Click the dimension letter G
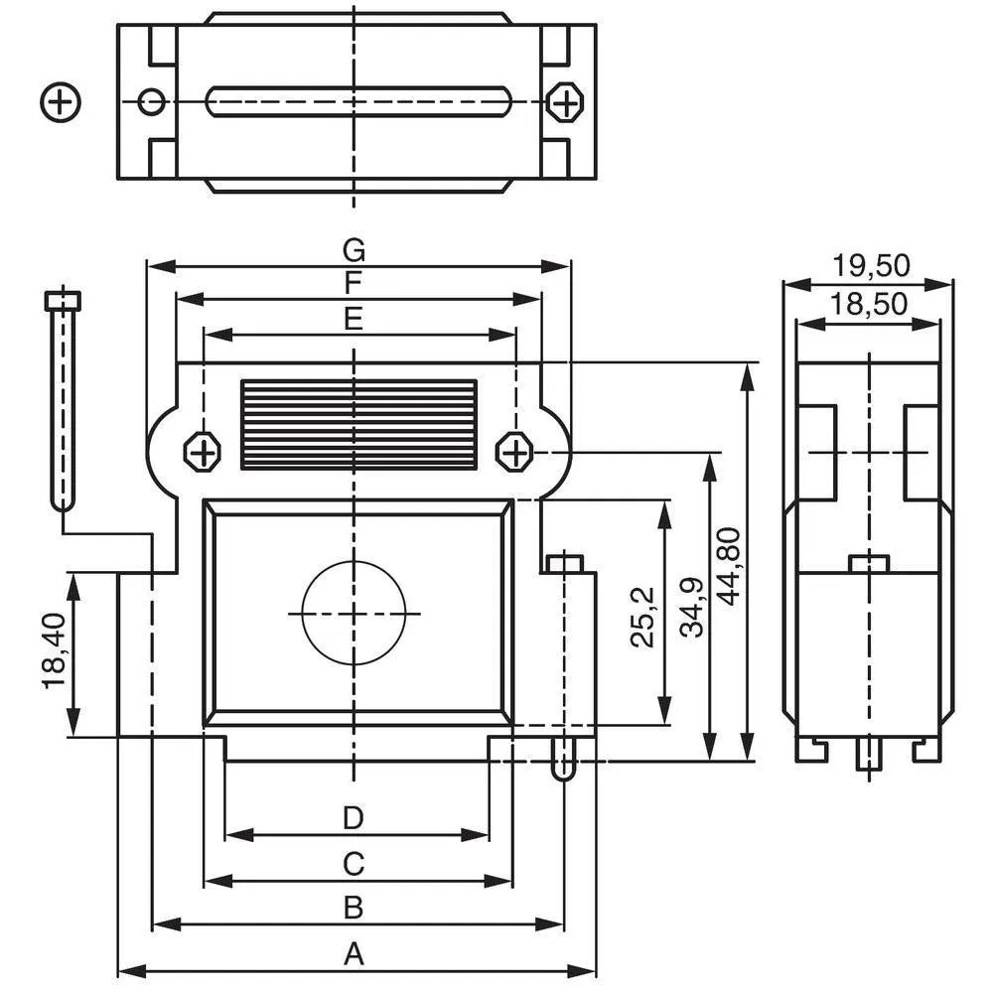355,247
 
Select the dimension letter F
355,283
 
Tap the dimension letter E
355,319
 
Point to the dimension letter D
355,818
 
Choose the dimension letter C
355,864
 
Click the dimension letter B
355,908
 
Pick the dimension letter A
355,954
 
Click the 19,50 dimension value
871,266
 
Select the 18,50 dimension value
871,304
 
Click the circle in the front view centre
355,613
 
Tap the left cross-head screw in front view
203,454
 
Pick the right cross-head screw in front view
515,453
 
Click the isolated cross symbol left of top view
62,101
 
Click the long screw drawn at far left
64,397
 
